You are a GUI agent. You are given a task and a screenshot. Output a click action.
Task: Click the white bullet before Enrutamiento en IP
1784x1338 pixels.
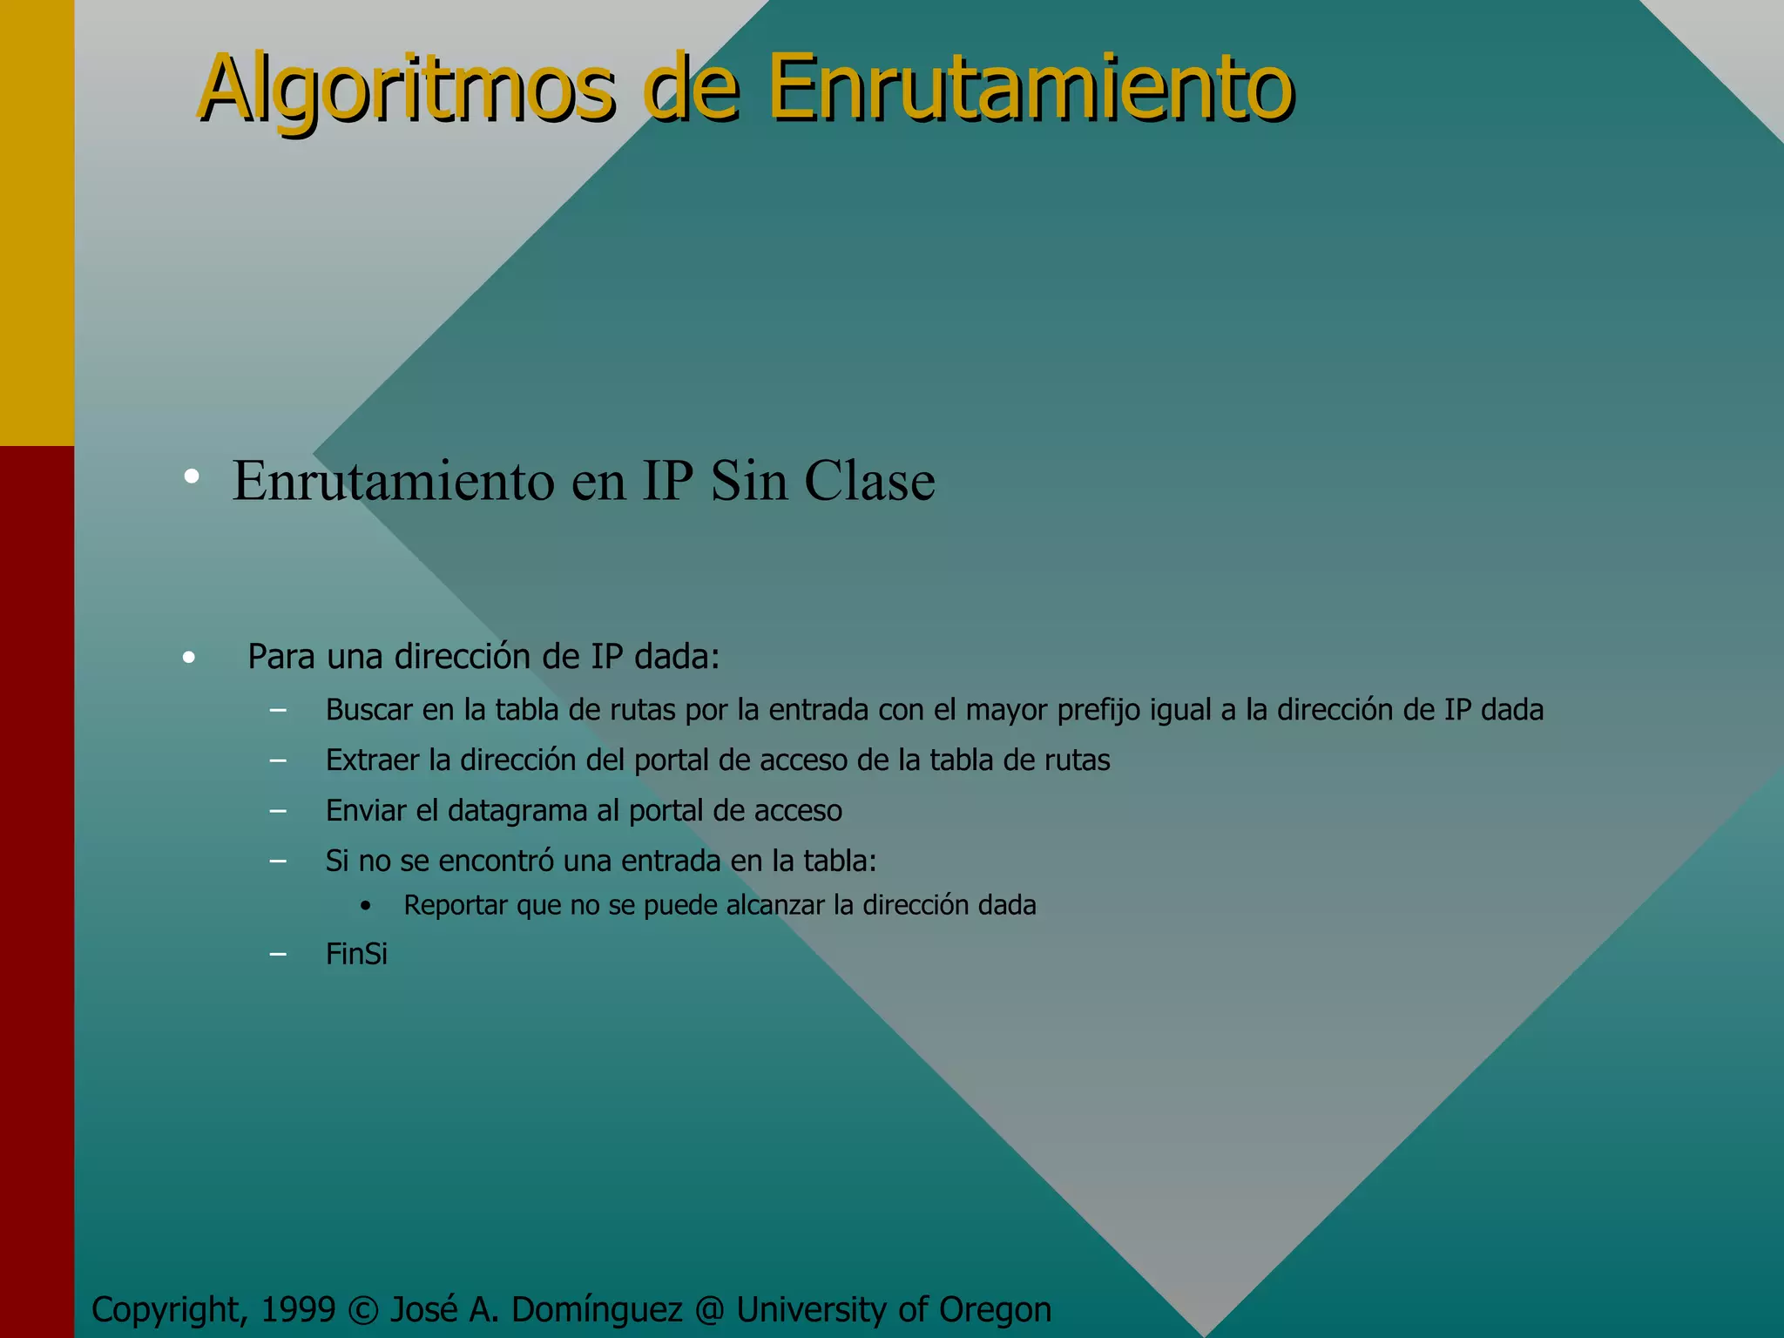(192, 476)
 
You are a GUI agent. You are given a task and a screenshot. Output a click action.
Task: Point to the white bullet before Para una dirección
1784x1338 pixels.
(189, 659)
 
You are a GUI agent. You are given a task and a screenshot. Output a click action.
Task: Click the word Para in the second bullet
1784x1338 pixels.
(280, 657)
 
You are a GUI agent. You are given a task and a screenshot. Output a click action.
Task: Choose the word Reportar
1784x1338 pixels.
(456, 906)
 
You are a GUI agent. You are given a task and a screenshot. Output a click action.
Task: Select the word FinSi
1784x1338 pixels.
(356, 954)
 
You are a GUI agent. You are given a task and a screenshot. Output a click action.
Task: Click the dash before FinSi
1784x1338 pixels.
(278, 955)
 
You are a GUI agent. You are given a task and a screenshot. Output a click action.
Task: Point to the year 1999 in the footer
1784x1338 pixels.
(298, 1310)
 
